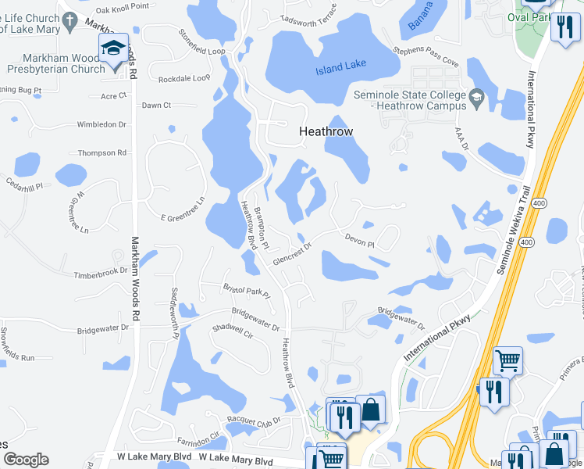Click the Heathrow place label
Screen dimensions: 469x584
[x=326, y=133]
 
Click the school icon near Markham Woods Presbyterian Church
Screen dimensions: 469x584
[x=114, y=49]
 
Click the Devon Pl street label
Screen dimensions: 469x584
[x=359, y=240]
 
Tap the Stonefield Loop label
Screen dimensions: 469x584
[x=201, y=43]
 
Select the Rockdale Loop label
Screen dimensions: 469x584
[x=184, y=79]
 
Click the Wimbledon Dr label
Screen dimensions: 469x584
[x=101, y=124]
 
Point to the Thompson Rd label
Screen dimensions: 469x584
[x=102, y=153]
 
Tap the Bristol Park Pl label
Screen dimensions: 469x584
[x=246, y=292]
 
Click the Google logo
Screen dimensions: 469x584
[x=26, y=460]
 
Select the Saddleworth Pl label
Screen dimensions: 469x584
[x=175, y=313]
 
